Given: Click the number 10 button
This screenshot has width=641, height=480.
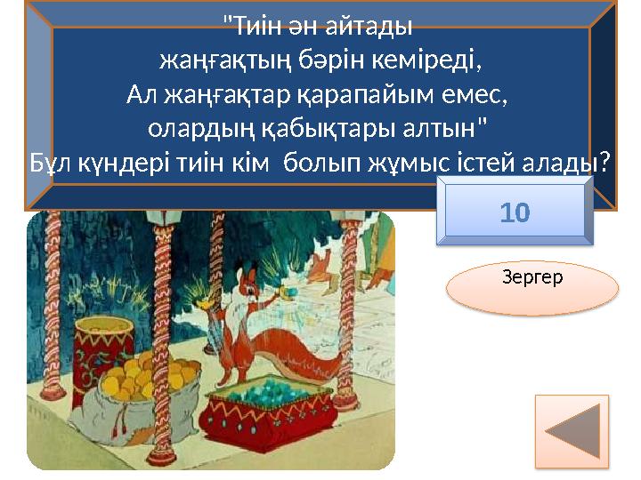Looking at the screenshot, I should pos(515,212).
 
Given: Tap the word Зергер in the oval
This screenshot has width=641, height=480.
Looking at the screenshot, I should pos(532,278).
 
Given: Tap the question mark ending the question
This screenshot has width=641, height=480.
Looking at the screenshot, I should pos(604,160).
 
